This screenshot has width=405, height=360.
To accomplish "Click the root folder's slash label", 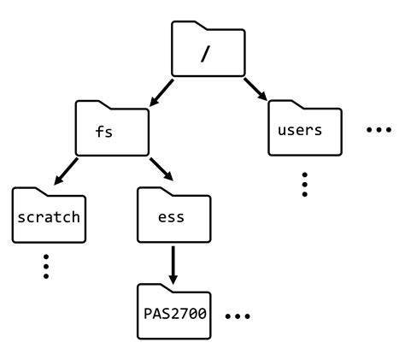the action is [x=205, y=54].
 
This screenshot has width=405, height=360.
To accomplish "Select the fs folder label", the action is [x=103, y=132].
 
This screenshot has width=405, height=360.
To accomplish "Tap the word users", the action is [x=300, y=130].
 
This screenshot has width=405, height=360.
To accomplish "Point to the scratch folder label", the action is [x=49, y=217].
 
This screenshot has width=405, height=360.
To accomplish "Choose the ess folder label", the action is [x=171, y=217].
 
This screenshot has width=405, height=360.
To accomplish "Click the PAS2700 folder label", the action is [x=175, y=314].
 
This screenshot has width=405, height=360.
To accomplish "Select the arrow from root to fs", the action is [x=161, y=92].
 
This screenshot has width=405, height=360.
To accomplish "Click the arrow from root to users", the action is [x=255, y=89].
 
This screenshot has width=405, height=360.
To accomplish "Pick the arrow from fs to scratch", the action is [x=66, y=171].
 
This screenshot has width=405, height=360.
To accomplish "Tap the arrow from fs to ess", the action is [x=161, y=169].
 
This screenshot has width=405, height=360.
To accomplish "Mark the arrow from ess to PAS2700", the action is [x=173, y=265].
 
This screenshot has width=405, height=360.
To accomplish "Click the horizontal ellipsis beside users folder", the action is [x=379, y=130].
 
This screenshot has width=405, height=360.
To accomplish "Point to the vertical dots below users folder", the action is [x=304, y=184].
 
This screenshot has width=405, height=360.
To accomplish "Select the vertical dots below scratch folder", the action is [x=46, y=266].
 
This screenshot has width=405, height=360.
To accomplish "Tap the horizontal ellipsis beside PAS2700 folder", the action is [x=238, y=316].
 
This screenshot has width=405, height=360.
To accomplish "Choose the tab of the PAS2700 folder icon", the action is [x=155, y=288].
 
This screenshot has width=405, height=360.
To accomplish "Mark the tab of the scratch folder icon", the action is [x=29, y=192].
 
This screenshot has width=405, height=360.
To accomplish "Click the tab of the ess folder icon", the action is [x=155, y=192].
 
